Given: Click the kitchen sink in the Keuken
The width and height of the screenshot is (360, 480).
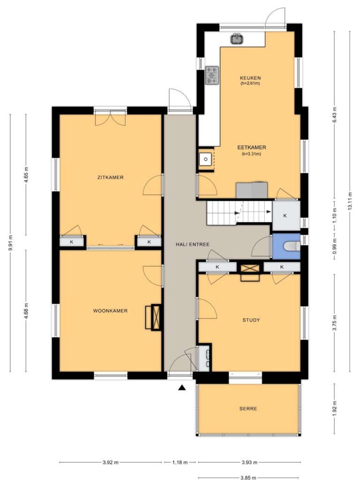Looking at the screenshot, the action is pyautogui.click(x=237, y=39).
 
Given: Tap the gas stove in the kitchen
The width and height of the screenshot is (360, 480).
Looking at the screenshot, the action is pyautogui.click(x=212, y=75).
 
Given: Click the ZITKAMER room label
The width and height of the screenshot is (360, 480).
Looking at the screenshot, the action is pyautogui.click(x=111, y=177).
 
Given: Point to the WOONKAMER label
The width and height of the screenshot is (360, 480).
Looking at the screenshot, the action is pyautogui.click(x=110, y=311).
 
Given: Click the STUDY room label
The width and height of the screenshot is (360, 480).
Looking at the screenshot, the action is pyautogui.click(x=251, y=320).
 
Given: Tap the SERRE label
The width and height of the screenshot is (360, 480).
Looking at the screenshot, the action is pyautogui.click(x=248, y=409).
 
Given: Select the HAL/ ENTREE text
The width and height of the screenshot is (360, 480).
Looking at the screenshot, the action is pyautogui.click(x=193, y=244).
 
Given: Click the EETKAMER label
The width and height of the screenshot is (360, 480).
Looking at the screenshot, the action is pyautogui.click(x=252, y=148).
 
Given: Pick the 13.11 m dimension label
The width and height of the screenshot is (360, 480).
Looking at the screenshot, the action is pyautogui.click(x=350, y=201).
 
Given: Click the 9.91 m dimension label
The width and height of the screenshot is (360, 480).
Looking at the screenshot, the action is pyautogui.click(x=10, y=243).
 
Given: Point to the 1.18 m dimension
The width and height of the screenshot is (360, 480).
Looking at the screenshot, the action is pyautogui.click(x=180, y=462).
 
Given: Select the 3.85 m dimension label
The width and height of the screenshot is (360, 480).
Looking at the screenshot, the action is pyautogui.click(x=248, y=477).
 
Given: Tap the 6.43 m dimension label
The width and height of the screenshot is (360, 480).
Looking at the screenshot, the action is pyautogui.click(x=334, y=114).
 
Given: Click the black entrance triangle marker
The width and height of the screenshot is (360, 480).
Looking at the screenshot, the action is pyautogui.click(x=182, y=388).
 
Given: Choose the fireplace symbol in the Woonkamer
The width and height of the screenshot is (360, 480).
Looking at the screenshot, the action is pyautogui.click(x=156, y=317).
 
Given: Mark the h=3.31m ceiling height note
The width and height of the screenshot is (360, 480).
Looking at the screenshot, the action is pyautogui.click(x=251, y=154).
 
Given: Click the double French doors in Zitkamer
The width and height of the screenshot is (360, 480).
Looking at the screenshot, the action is pyautogui.click(x=111, y=118).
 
